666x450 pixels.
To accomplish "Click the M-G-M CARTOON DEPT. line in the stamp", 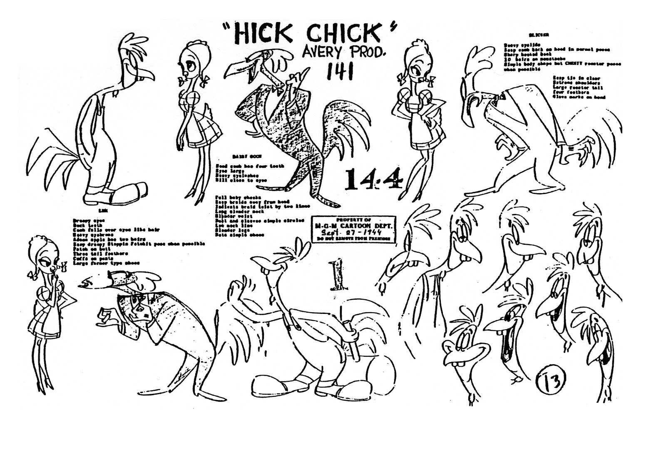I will (x=353, y=226).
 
